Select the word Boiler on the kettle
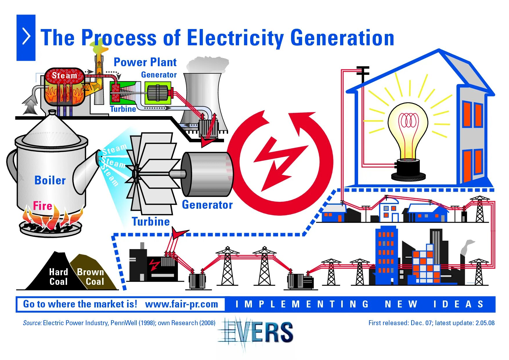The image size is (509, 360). coord(50,181)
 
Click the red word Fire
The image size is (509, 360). coord(42,206)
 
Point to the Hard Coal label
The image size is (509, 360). coord(58,277)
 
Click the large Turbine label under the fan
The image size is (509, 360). coord(151,222)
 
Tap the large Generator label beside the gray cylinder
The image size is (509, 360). coord(207,205)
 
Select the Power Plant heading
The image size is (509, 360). coord(145,62)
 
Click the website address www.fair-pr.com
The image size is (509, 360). coord(181,304)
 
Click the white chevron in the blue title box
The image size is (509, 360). coord(26,37)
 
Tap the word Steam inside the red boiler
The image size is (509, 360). coord(64,75)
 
